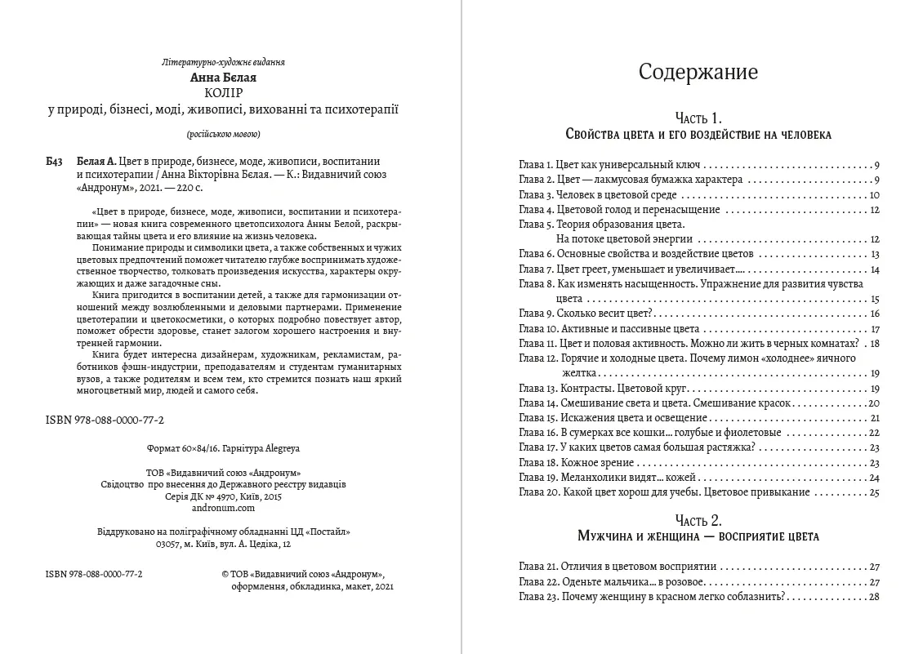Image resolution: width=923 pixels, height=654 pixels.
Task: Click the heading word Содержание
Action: point(698,72)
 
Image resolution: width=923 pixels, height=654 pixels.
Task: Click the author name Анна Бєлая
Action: point(223,78)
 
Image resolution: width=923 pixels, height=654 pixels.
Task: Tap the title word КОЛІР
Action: point(223,93)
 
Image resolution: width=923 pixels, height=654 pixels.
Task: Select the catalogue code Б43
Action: point(55,161)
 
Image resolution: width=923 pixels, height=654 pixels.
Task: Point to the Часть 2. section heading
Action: point(698,520)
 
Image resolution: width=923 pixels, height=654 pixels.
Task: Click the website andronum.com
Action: point(222,507)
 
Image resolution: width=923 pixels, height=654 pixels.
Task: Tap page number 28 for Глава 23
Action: point(873,597)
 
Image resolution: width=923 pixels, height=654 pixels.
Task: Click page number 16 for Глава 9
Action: point(873,314)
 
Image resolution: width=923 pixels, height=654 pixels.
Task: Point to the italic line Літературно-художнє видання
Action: point(223,62)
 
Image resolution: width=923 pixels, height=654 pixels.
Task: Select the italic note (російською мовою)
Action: point(223,133)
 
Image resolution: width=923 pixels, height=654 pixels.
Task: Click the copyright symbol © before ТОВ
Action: point(225,575)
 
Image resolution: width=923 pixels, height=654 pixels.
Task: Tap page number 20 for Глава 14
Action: point(873,403)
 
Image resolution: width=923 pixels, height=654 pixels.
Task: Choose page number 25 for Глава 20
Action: point(873,492)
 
